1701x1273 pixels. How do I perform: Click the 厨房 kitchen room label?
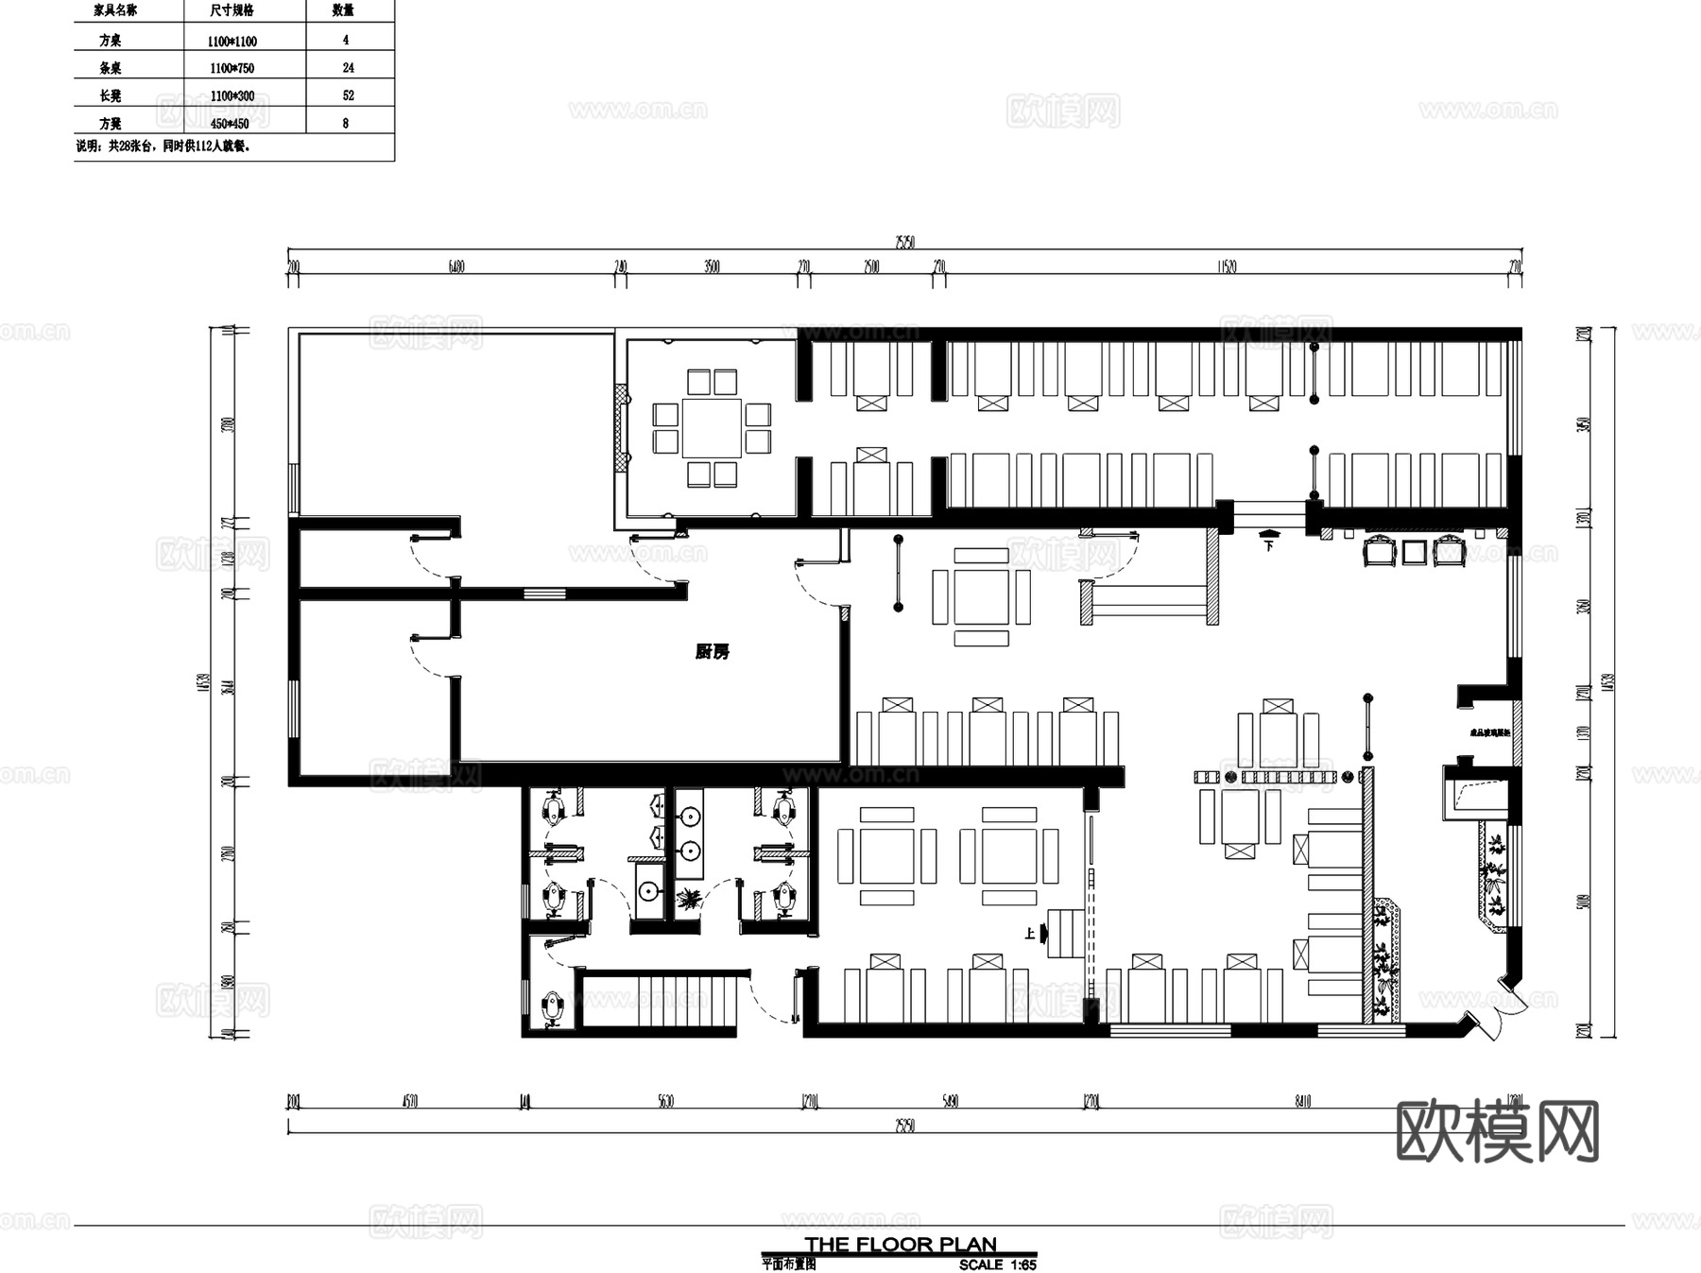coord(712,651)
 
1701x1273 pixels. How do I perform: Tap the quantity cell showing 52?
coord(348,95)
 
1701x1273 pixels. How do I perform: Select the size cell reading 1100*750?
coord(232,68)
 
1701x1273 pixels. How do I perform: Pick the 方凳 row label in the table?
coord(111,124)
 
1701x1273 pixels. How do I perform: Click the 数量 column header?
coord(343,10)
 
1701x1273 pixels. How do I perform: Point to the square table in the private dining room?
coord(712,428)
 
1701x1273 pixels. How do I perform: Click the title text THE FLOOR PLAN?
coord(901,1245)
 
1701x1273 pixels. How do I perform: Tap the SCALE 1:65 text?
coord(997,1264)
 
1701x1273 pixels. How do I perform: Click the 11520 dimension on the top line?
coord(1227,267)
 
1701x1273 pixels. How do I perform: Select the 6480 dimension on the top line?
coord(456,267)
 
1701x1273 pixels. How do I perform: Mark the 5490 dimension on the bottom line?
coord(951,1101)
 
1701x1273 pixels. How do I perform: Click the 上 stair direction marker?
coord(1030,934)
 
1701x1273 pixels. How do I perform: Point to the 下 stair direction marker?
coord(1269,544)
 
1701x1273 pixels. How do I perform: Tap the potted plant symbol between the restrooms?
coord(688,899)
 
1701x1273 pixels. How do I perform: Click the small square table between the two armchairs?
coord(1414,552)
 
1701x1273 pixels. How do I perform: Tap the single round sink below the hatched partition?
coord(647,891)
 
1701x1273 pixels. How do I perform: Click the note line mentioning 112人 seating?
coord(163,146)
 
